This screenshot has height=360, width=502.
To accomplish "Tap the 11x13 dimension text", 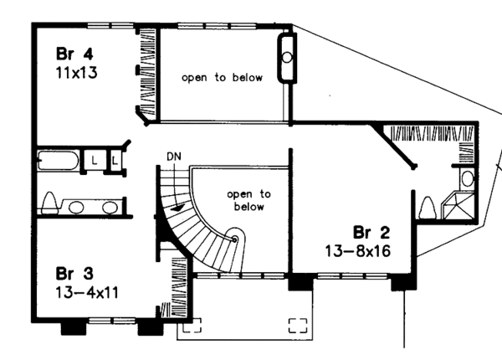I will (74, 72).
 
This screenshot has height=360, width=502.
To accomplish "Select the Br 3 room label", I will (73, 273).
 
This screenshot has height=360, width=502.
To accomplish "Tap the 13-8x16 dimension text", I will (359, 249).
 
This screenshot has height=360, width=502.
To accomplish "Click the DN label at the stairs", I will (174, 156).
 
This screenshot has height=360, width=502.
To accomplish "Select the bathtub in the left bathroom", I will (58, 159).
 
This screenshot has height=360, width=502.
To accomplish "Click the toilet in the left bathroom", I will (50, 203).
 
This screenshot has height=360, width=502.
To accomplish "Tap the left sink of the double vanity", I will (75, 208).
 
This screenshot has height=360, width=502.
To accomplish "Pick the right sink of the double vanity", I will (104, 208).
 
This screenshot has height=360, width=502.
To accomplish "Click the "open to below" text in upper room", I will (223, 78).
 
